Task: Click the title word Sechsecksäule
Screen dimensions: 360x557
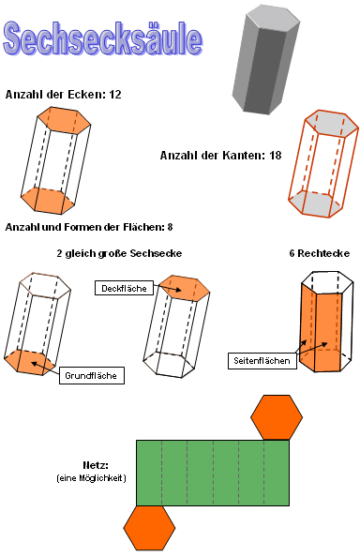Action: pyautogui.click(x=103, y=38)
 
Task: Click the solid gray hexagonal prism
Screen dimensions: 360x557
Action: pyautogui.click(x=266, y=60)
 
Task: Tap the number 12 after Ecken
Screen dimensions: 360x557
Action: pyautogui.click(x=115, y=95)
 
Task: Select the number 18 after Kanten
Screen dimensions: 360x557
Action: pyautogui.click(x=276, y=156)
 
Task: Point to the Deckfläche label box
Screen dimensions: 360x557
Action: pyautogui.click(x=124, y=288)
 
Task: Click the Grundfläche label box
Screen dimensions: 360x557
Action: pyautogui.click(x=92, y=375)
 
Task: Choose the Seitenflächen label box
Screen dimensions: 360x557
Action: pyautogui.click(x=262, y=361)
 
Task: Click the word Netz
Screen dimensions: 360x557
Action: pyautogui.click(x=96, y=465)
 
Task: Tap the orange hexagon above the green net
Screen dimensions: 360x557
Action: pyautogui.click(x=277, y=417)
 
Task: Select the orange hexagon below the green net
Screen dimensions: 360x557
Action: pyautogui.click(x=149, y=528)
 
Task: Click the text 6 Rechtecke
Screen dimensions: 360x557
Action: pyautogui.click(x=320, y=253)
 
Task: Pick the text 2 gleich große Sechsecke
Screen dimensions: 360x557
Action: pyautogui.click(x=119, y=253)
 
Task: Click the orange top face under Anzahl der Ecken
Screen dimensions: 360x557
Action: pyautogui.click(x=64, y=117)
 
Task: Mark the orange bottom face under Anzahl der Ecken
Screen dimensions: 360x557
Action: pyautogui.click(x=48, y=201)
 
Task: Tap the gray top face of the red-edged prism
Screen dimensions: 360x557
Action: pyautogui.click(x=332, y=122)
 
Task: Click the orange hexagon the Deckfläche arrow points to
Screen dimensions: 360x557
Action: pyautogui.click(x=184, y=286)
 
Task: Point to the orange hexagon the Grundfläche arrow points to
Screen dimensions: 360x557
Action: pyautogui.click(x=30, y=362)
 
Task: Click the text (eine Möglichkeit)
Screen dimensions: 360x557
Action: pyautogui.click(x=91, y=478)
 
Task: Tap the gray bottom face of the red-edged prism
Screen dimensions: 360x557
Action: pyautogui.click(x=315, y=203)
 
